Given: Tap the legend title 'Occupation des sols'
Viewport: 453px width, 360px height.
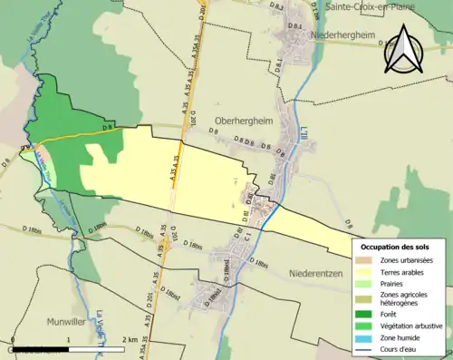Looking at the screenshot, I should tap(394, 247).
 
